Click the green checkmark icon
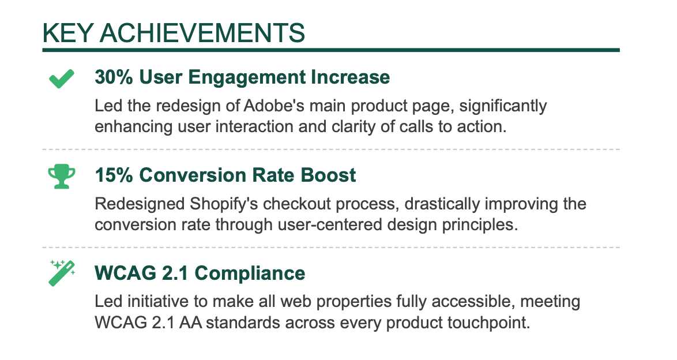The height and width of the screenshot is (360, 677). pos(61,78)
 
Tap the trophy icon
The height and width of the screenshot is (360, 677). pos(61,177)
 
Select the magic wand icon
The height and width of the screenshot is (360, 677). pos(62,273)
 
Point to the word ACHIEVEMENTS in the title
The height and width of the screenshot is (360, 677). pos(202,33)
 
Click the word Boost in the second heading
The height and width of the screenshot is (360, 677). pos(328,175)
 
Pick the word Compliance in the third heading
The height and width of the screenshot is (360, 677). pos(250,273)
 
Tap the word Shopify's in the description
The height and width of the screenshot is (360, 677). pos(224,204)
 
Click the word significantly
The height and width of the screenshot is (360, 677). pos(503,106)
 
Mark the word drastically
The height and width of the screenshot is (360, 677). pos(442,204)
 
